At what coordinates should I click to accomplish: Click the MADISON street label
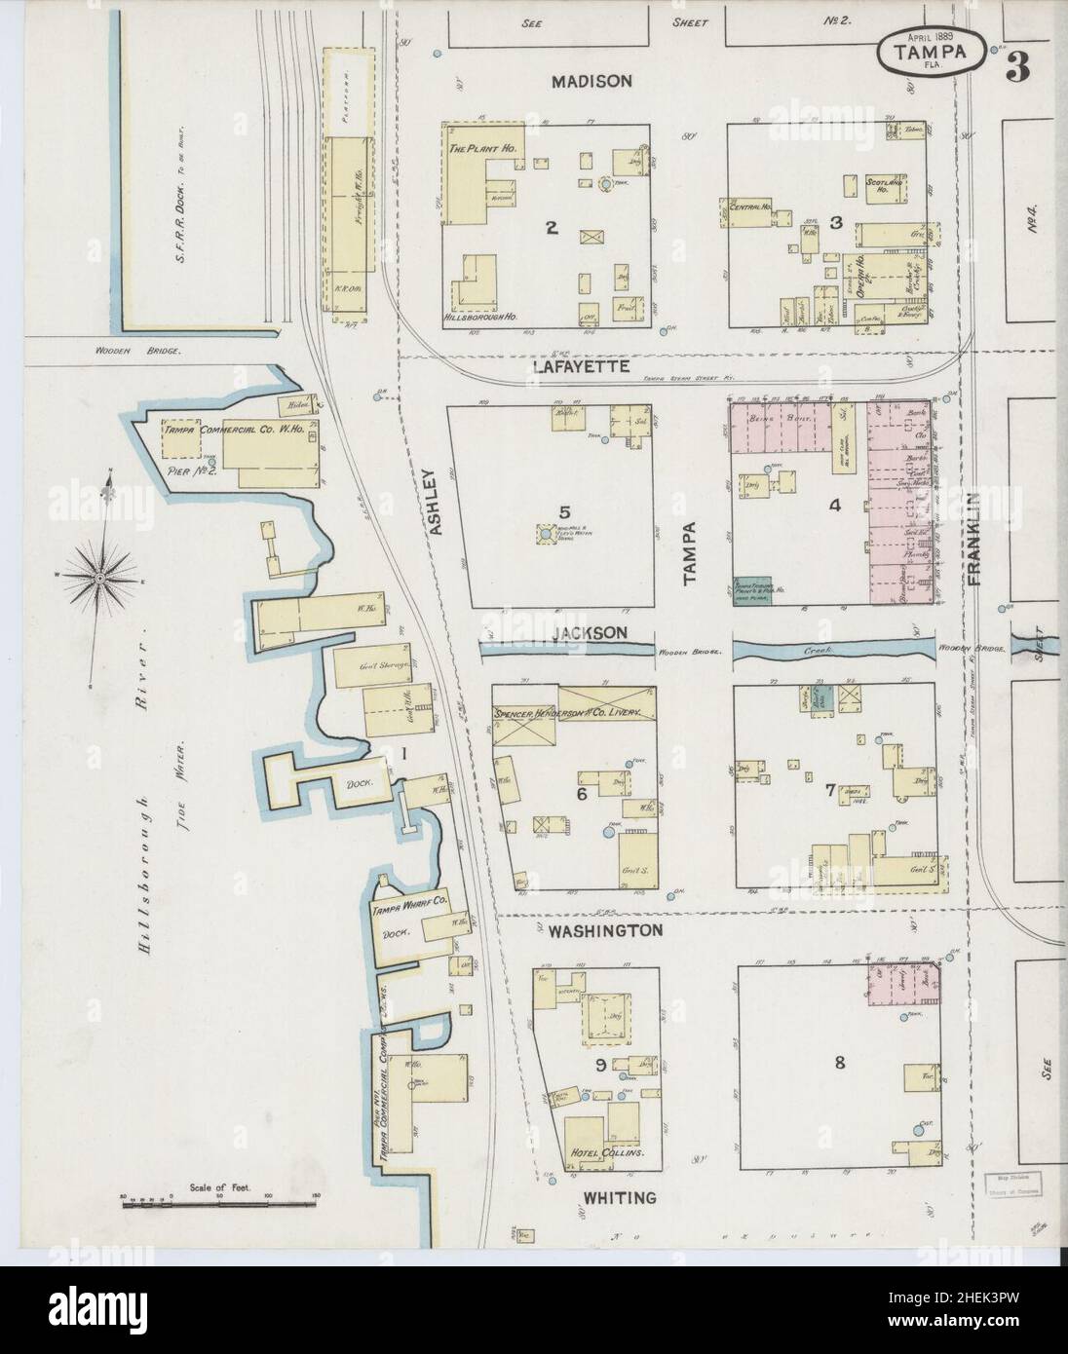click(x=592, y=82)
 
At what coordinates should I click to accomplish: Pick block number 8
click(x=839, y=1063)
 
